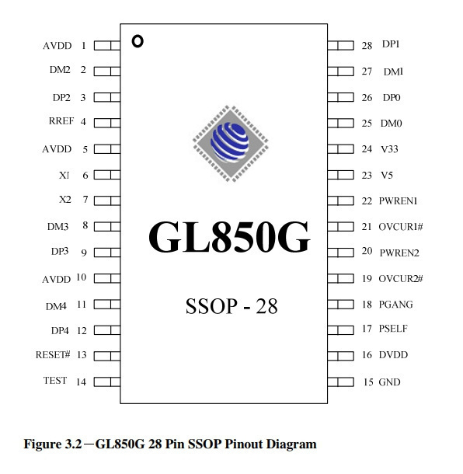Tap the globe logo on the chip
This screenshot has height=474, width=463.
tap(231, 144)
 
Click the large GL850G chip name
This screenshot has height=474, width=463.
tap(229, 236)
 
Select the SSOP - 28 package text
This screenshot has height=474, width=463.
tap(231, 306)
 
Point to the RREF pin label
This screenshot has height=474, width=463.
tap(61, 121)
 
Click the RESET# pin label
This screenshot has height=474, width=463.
tap(53, 354)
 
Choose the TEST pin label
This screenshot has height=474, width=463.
tap(55, 380)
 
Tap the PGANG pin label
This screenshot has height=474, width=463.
tap(396, 305)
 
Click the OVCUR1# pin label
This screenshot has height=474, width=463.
tap(401, 227)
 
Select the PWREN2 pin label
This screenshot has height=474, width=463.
tap(399, 253)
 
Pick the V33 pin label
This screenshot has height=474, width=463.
tap(389, 149)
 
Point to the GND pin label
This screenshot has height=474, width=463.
tap(389, 382)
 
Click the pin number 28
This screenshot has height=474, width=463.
tap(367, 46)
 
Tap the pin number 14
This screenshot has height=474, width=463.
tap(82, 382)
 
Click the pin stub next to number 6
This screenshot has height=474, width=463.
tap(107, 175)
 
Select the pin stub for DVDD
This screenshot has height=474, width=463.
tap(340, 356)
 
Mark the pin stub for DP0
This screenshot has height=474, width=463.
tap(340, 97)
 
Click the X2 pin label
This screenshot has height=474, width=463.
tap(65, 200)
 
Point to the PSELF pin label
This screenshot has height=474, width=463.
tap(393, 329)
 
